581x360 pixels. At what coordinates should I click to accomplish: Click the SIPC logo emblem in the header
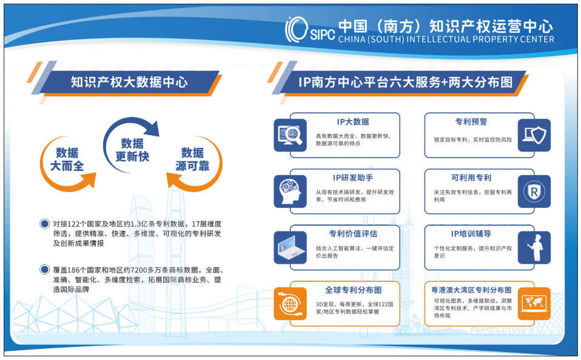tap(297, 29)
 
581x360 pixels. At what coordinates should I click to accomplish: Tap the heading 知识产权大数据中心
tap(129, 82)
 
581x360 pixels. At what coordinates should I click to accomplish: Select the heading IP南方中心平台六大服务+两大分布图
tap(405, 82)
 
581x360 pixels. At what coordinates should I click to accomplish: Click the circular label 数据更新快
tap(132, 150)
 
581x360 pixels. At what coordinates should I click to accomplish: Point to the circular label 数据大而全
tap(67, 159)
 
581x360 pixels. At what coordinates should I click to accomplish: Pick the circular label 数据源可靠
tap(192, 159)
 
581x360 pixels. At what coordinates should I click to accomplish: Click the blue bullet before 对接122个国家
tap(44, 224)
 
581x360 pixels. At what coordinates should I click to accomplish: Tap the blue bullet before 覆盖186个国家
tap(44, 270)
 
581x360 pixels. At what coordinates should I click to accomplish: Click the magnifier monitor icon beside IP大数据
tap(290, 135)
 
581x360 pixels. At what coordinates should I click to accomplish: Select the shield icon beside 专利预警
tap(534, 135)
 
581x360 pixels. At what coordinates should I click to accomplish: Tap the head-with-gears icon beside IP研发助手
tap(290, 192)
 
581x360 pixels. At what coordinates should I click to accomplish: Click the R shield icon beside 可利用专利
tap(534, 192)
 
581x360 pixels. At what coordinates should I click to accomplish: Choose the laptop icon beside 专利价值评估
tap(290, 248)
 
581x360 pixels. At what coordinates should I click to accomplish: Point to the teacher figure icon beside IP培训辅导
tap(534, 248)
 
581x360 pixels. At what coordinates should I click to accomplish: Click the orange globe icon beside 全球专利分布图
tap(290, 304)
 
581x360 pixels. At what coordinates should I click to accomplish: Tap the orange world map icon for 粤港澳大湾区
tap(534, 304)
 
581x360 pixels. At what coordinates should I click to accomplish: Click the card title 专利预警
tap(471, 121)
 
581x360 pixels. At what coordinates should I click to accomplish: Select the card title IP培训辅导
tap(471, 234)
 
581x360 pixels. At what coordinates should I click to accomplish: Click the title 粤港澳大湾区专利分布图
tap(471, 290)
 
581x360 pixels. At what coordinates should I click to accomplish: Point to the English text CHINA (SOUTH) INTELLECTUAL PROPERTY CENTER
tap(446, 39)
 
